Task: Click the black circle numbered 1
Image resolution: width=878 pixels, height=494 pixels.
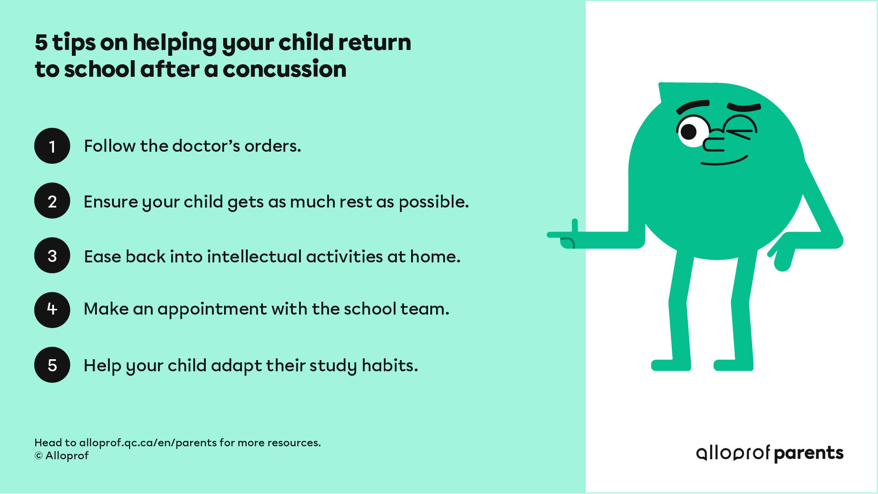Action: [x=52, y=146]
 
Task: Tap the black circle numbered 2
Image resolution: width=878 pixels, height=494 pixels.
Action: [x=52, y=201]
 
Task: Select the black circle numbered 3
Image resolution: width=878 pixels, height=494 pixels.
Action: [x=52, y=255]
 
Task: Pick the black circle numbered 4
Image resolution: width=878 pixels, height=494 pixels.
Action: [x=52, y=310]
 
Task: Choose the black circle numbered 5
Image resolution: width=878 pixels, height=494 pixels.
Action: [x=52, y=365]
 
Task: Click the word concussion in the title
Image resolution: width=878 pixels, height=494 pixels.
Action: [x=284, y=69]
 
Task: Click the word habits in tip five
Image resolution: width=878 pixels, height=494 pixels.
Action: [x=390, y=366]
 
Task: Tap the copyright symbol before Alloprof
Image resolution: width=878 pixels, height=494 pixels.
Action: [x=38, y=456]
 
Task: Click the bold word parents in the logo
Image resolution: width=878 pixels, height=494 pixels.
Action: [x=808, y=453]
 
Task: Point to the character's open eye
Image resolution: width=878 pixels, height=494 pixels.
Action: [x=691, y=132]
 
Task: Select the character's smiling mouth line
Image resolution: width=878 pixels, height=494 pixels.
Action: [x=724, y=161]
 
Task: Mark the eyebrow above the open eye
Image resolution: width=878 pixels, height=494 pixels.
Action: [x=692, y=106]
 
